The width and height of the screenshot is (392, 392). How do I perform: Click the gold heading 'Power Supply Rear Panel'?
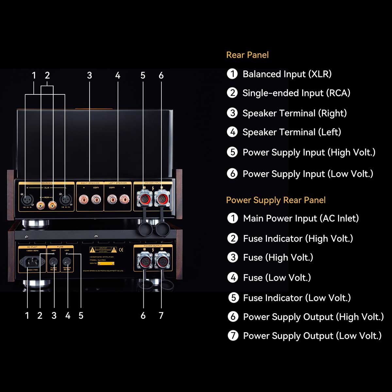tap(276, 200)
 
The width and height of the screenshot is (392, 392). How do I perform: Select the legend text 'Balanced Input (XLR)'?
tap(287, 74)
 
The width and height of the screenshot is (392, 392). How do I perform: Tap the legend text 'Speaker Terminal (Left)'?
tap(291, 132)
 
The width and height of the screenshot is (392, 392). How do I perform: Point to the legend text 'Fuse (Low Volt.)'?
tap(277, 278)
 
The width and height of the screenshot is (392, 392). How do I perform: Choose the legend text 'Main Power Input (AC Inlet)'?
tap(301, 218)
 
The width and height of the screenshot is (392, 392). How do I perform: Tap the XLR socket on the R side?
tap(27, 199)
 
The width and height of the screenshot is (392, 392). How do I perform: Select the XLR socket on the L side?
tap(65, 199)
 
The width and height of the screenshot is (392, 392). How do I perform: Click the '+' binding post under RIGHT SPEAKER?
tap(84, 199)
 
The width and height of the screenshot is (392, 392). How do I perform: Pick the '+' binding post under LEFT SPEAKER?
tap(124, 199)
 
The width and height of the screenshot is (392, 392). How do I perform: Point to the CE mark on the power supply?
tap(121, 250)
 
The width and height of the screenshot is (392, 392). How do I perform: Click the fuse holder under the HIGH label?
tap(53, 261)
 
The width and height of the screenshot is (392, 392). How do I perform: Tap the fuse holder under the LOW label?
tap(67, 261)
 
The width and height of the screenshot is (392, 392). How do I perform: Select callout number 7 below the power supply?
tap(161, 316)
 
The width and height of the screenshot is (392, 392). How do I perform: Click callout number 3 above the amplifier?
tap(90, 75)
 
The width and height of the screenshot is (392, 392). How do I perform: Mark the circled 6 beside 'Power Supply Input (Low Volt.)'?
tap(232, 173)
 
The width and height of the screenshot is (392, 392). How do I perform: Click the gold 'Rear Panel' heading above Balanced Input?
tap(247, 55)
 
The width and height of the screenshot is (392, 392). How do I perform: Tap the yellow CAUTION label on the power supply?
tap(103, 250)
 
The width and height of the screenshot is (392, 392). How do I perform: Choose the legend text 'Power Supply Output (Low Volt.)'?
tap(312, 336)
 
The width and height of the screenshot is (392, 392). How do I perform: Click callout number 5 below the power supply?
tap(81, 316)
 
